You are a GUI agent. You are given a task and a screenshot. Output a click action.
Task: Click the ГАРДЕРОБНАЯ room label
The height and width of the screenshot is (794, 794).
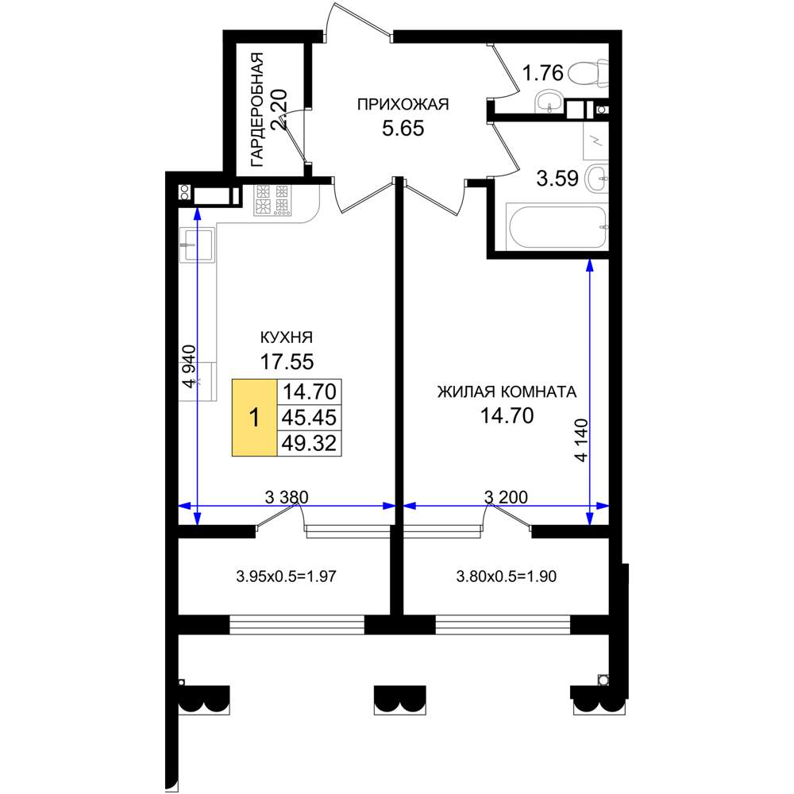257,110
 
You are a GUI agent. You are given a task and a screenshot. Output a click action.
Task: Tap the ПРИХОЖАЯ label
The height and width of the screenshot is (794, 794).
403,104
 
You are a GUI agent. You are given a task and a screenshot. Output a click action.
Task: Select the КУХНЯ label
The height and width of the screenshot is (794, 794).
287,337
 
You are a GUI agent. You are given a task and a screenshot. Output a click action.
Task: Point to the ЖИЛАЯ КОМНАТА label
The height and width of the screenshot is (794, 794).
507,392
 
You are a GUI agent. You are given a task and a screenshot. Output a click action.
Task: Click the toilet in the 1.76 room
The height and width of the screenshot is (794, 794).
588,73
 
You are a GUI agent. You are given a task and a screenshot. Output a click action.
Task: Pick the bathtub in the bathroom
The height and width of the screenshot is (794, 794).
557,227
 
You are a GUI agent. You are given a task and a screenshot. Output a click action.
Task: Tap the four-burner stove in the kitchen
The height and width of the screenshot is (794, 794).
273,199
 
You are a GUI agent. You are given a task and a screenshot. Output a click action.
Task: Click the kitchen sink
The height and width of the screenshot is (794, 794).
197,245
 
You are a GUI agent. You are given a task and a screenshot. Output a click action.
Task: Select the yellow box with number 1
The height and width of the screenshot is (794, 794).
254,418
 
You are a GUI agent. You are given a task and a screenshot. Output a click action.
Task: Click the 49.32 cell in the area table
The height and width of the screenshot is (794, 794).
310,444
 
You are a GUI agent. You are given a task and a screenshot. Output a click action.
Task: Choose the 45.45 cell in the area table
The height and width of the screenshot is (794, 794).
310,418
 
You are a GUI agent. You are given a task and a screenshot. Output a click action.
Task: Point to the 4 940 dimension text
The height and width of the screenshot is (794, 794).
190,366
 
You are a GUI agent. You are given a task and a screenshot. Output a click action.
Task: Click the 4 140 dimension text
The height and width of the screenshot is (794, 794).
582,440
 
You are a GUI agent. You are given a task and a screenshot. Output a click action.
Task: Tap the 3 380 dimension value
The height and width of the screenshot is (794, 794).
287,497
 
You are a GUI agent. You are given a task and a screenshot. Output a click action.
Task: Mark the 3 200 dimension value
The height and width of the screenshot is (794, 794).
506,497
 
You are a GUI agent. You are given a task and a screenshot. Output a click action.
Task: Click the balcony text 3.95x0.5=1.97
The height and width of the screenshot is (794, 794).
286,576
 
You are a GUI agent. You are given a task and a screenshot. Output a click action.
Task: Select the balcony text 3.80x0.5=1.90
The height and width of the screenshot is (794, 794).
507,576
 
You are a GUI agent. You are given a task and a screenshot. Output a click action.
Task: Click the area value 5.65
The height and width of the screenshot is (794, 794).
403,129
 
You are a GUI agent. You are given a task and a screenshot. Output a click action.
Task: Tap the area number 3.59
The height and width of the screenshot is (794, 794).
557,179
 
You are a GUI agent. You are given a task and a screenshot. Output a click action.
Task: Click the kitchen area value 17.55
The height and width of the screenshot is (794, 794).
287,362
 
